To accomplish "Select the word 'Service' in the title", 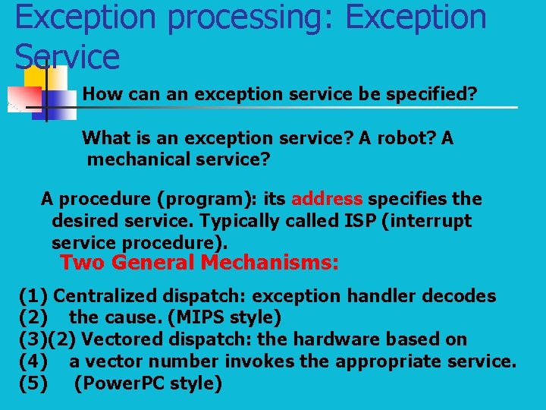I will click(x=67, y=56).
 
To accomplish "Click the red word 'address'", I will click(x=327, y=199).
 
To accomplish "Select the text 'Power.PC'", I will click(x=117, y=383).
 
